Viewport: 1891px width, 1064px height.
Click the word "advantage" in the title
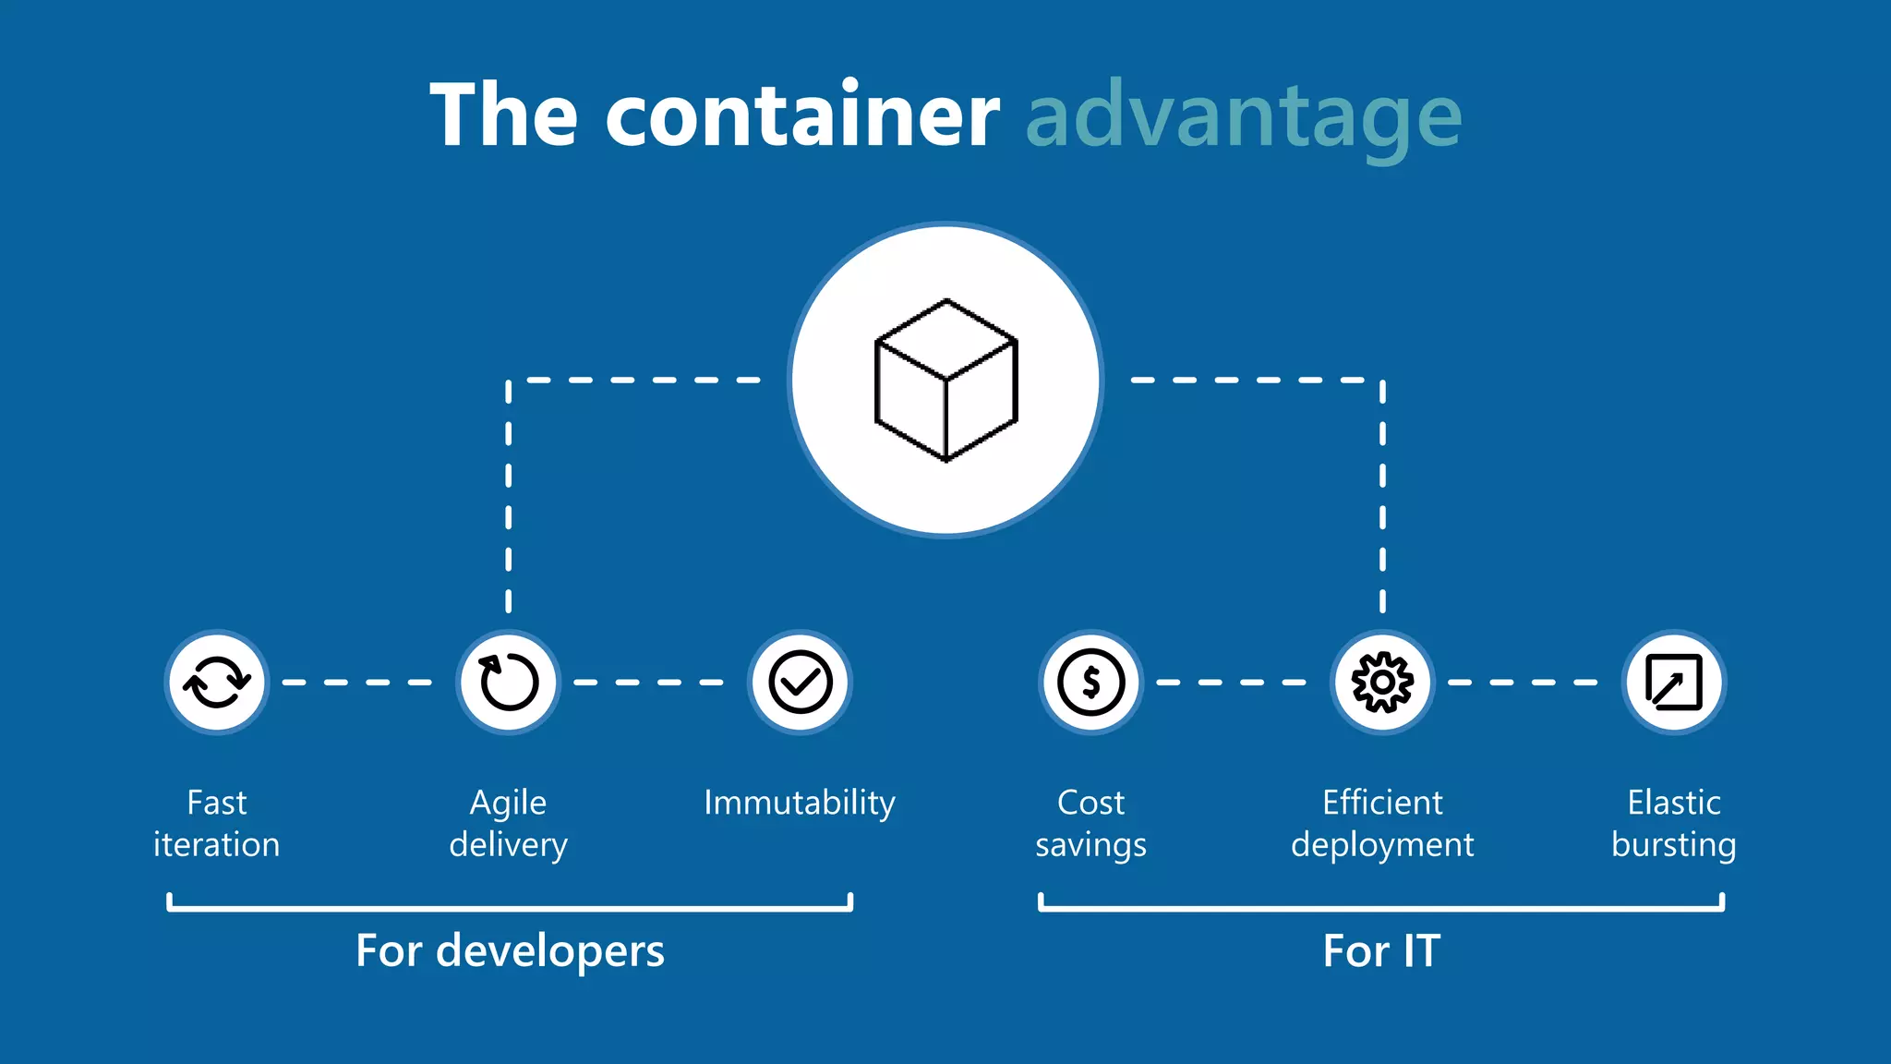(1244, 115)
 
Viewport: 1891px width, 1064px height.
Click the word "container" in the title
(802, 115)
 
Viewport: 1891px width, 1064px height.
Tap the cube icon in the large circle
(945, 380)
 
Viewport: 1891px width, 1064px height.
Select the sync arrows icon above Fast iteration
(217, 683)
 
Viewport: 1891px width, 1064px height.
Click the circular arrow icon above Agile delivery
(509, 683)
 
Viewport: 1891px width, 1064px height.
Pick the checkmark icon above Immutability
(801, 683)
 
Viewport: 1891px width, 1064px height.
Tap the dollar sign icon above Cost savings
(1091, 683)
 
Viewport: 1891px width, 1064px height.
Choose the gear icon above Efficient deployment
(1382, 683)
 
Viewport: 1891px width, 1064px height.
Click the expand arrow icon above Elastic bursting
(1674, 683)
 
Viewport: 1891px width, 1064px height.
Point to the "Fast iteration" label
(217, 823)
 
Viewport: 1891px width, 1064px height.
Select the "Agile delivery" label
(509, 823)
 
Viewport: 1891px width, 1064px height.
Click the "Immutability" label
(800, 803)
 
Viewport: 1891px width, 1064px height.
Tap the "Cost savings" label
(1091, 823)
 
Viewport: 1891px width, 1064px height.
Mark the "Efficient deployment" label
(1382, 823)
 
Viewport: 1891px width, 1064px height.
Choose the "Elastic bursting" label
(1674, 823)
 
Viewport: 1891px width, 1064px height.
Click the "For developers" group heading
(510, 950)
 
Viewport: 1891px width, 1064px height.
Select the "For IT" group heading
(1381, 950)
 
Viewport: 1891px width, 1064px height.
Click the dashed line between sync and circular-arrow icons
(357, 683)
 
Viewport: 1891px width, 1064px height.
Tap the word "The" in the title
(504, 115)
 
